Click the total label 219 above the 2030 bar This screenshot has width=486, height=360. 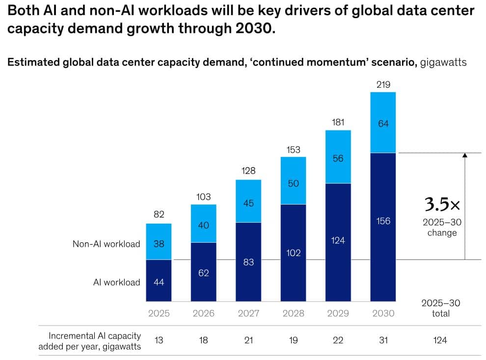coord(383,84)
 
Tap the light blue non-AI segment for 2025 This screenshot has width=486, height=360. coord(159,242)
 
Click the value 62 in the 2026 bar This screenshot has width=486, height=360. coord(204,273)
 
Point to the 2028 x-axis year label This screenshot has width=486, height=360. coord(293,313)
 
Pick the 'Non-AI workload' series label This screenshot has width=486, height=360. coord(107,244)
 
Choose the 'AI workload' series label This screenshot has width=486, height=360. coord(117,282)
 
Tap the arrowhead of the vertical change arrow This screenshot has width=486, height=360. coord(464,155)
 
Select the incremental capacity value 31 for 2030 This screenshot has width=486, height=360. coord(383,340)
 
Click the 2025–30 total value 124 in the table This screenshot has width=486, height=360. coord(440,340)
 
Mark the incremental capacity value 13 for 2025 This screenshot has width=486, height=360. coord(159,340)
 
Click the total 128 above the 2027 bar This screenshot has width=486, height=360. coord(248,171)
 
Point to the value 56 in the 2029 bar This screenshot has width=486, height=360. coord(338,158)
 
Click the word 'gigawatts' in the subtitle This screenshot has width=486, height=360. coord(443,63)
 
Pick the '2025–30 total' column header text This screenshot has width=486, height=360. coord(440,308)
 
